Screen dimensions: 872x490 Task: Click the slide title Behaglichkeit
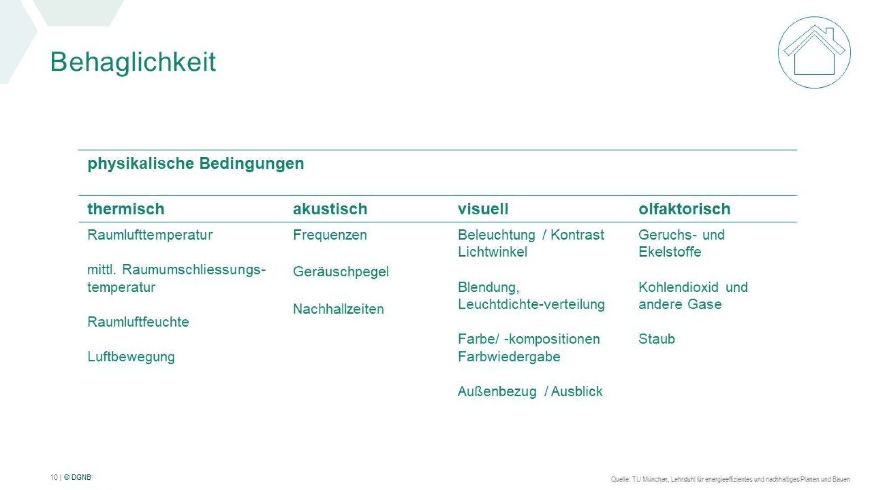click(133, 61)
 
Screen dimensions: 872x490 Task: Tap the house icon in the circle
click(814, 53)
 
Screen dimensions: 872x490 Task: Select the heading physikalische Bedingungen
click(196, 164)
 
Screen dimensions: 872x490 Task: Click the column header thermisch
click(126, 209)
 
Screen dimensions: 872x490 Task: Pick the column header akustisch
click(330, 209)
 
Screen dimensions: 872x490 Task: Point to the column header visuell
click(483, 209)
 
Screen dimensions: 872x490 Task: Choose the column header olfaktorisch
click(684, 209)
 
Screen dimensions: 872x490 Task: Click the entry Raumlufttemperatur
click(150, 235)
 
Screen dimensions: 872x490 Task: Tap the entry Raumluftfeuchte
click(138, 322)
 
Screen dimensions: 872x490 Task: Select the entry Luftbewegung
click(131, 357)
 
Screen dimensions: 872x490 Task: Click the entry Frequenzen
click(330, 235)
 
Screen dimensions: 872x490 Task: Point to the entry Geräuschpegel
click(341, 272)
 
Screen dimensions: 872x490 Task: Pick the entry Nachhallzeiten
click(338, 309)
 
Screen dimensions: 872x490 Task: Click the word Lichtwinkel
click(493, 252)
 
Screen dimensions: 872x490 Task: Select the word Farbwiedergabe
click(509, 357)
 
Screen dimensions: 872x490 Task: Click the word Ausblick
click(577, 391)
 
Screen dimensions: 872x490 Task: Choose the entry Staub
click(657, 339)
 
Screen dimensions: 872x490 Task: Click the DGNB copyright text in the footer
click(77, 477)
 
